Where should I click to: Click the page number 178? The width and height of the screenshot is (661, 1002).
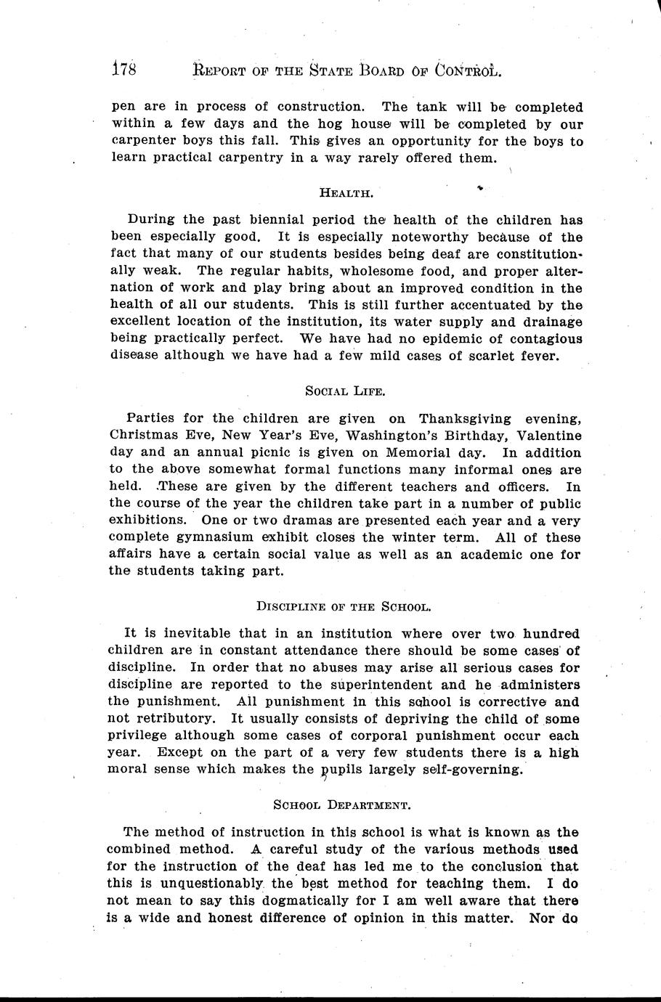(x=125, y=70)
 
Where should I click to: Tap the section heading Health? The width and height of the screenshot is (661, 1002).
(x=346, y=192)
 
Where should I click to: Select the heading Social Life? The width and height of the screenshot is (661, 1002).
(x=345, y=391)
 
